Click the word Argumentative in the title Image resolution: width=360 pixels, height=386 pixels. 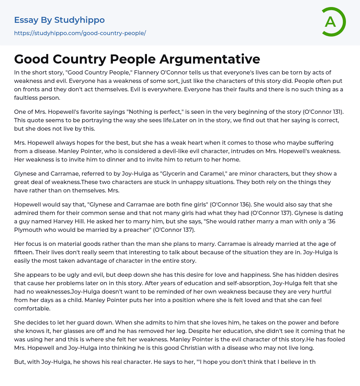[210, 59]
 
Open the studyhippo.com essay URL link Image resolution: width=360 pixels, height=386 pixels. [80, 33]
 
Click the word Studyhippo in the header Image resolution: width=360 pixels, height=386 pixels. [79, 20]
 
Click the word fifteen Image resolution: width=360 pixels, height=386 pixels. [25, 252]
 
